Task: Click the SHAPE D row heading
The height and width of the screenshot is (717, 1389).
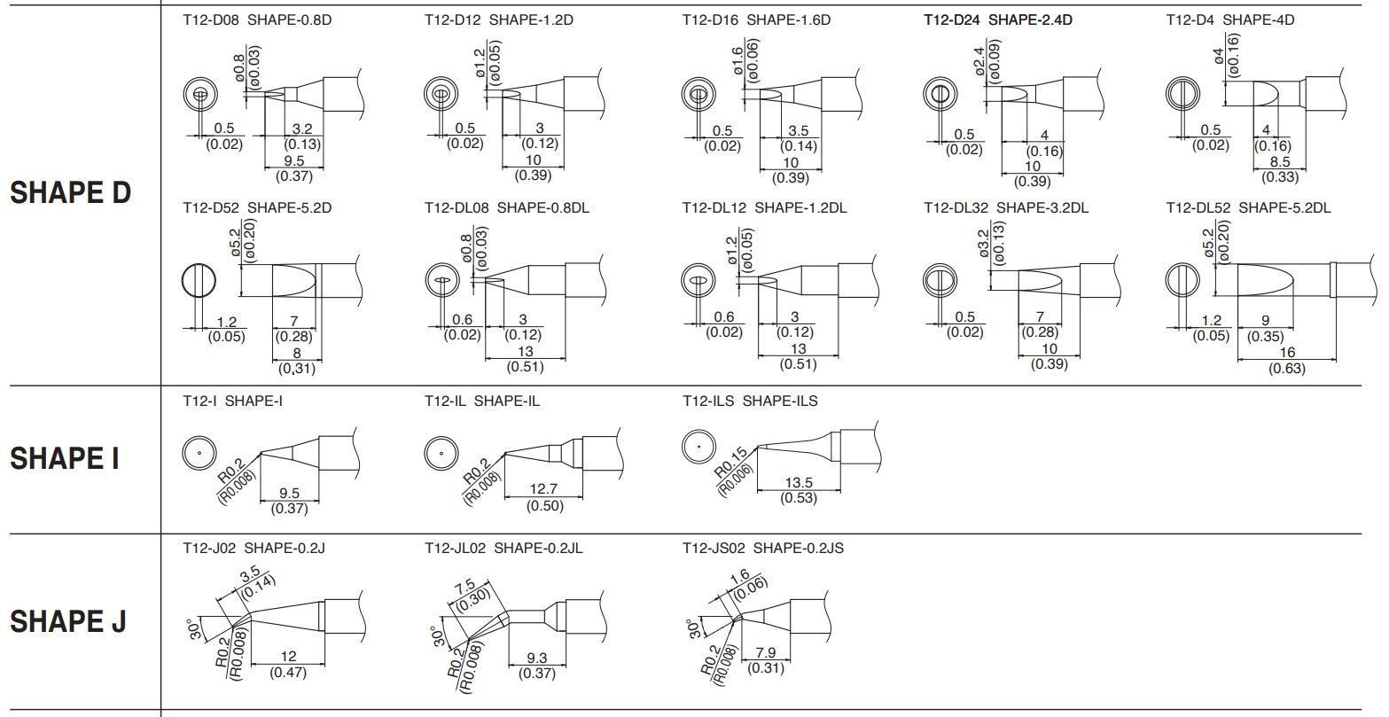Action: pos(70,193)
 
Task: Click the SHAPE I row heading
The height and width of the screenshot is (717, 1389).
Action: pos(64,459)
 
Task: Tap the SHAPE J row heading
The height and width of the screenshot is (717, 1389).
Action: pos(67,622)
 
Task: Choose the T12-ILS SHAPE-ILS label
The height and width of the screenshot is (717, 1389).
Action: pos(750,401)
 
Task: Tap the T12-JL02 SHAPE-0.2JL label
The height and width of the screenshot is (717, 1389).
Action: pos(503,548)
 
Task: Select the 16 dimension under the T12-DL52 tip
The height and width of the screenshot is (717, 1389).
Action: pos(1287,353)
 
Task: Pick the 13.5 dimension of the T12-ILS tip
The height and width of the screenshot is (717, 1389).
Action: pos(798,483)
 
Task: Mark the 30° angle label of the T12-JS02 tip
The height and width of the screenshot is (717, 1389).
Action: pos(694,627)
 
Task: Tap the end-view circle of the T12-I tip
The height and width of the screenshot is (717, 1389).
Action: pos(199,453)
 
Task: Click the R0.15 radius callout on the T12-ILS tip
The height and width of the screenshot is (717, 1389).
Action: pos(732,466)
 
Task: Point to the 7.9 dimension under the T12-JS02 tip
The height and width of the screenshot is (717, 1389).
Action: pos(766,653)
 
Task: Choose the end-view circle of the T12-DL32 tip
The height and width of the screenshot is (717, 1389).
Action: pos(940,281)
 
